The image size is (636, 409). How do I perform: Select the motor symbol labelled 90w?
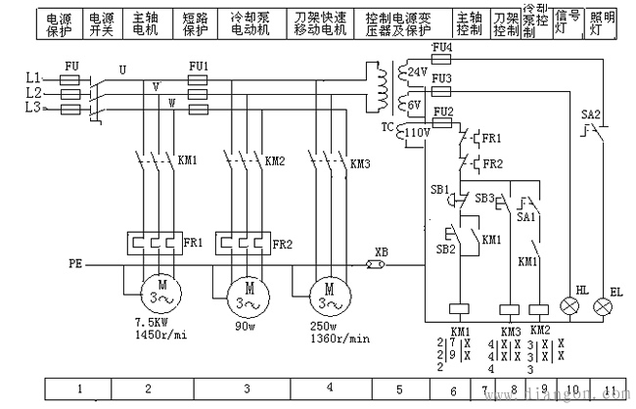click(247, 293)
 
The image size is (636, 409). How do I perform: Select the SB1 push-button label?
click(438, 188)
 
